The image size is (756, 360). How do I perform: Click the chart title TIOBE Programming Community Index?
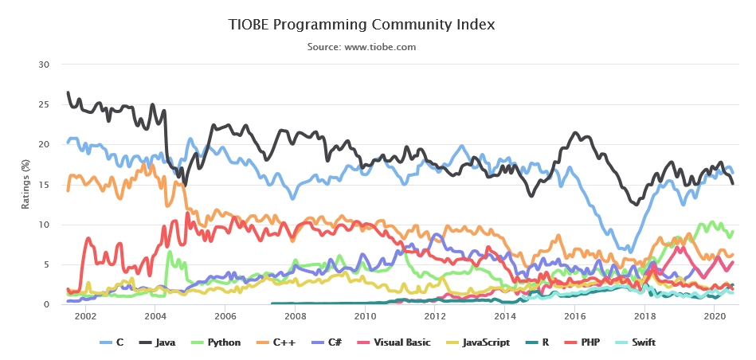coord(362,25)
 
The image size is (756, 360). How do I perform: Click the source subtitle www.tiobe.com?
coord(362,47)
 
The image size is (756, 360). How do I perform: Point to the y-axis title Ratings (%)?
coord(25,184)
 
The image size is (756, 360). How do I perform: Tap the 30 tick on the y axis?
coord(45,65)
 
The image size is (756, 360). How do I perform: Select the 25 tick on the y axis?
coord(45,104)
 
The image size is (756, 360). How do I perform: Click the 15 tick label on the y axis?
coord(45,185)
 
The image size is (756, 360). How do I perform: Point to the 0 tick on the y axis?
coord(48,304)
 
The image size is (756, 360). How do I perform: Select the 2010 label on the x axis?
coord(365,315)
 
